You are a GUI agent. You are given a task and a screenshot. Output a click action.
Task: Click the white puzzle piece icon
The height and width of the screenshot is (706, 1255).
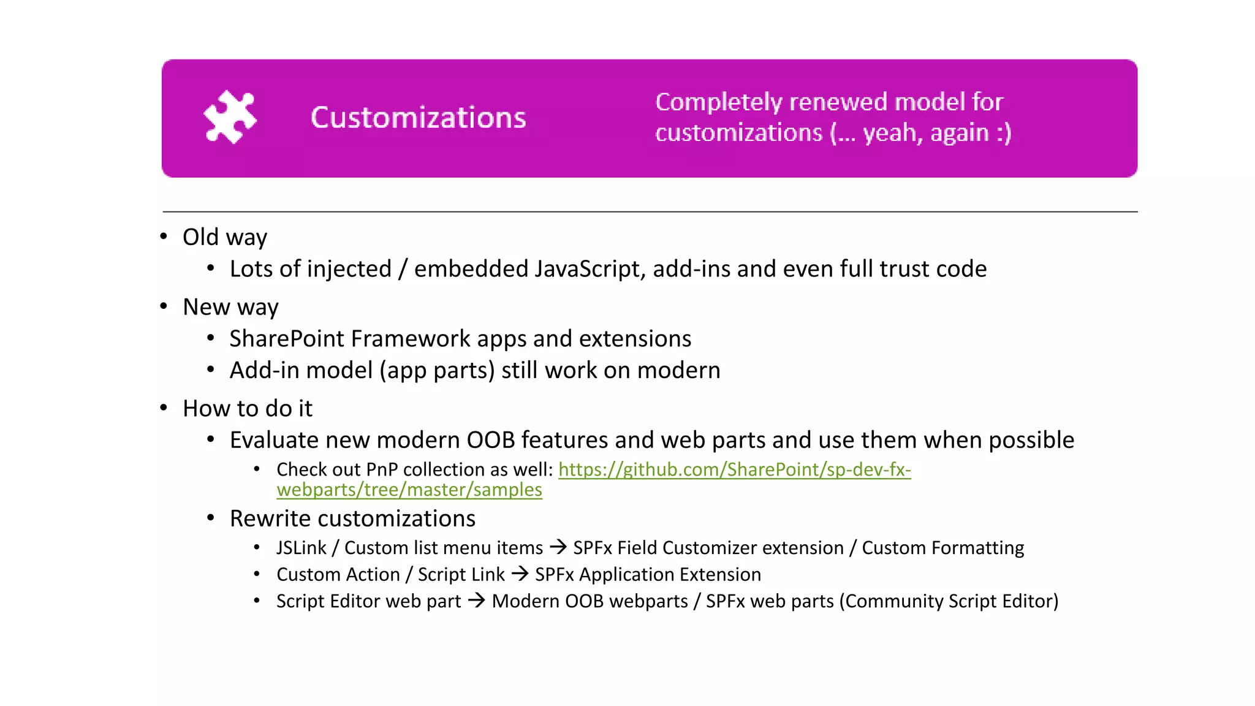pos(230,117)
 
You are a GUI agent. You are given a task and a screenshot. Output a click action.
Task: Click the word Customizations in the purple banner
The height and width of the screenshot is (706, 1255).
pos(418,118)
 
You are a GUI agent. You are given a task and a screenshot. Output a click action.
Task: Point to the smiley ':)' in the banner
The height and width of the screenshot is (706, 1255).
pos(1003,133)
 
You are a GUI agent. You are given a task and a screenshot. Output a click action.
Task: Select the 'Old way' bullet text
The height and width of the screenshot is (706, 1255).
pos(225,237)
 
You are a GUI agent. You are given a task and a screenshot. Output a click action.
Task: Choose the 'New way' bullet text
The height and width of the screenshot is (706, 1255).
pos(230,307)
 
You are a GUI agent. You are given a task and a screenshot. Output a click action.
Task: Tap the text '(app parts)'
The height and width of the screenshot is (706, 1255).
pos(436,371)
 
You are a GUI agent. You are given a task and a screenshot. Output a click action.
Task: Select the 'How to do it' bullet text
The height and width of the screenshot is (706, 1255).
pos(248,409)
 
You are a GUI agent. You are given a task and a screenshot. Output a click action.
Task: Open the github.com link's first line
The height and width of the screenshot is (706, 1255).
pos(734,469)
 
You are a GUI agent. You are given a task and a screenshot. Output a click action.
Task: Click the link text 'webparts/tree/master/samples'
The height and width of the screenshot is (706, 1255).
pos(409,490)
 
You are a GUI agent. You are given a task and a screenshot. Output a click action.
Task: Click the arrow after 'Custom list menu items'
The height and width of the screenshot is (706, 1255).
pos(558,547)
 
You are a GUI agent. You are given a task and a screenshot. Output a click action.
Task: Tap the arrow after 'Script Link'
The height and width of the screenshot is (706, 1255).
pos(520,574)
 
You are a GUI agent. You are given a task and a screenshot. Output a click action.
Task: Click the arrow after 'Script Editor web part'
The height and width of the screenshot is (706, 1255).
pos(476,601)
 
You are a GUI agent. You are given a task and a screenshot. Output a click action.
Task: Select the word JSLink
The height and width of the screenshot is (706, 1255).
pos(301,548)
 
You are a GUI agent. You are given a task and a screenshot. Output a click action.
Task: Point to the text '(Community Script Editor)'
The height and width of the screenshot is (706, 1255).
pos(948,601)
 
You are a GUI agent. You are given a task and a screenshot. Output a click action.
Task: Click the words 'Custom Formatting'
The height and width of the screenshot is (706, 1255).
pos(942,548)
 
